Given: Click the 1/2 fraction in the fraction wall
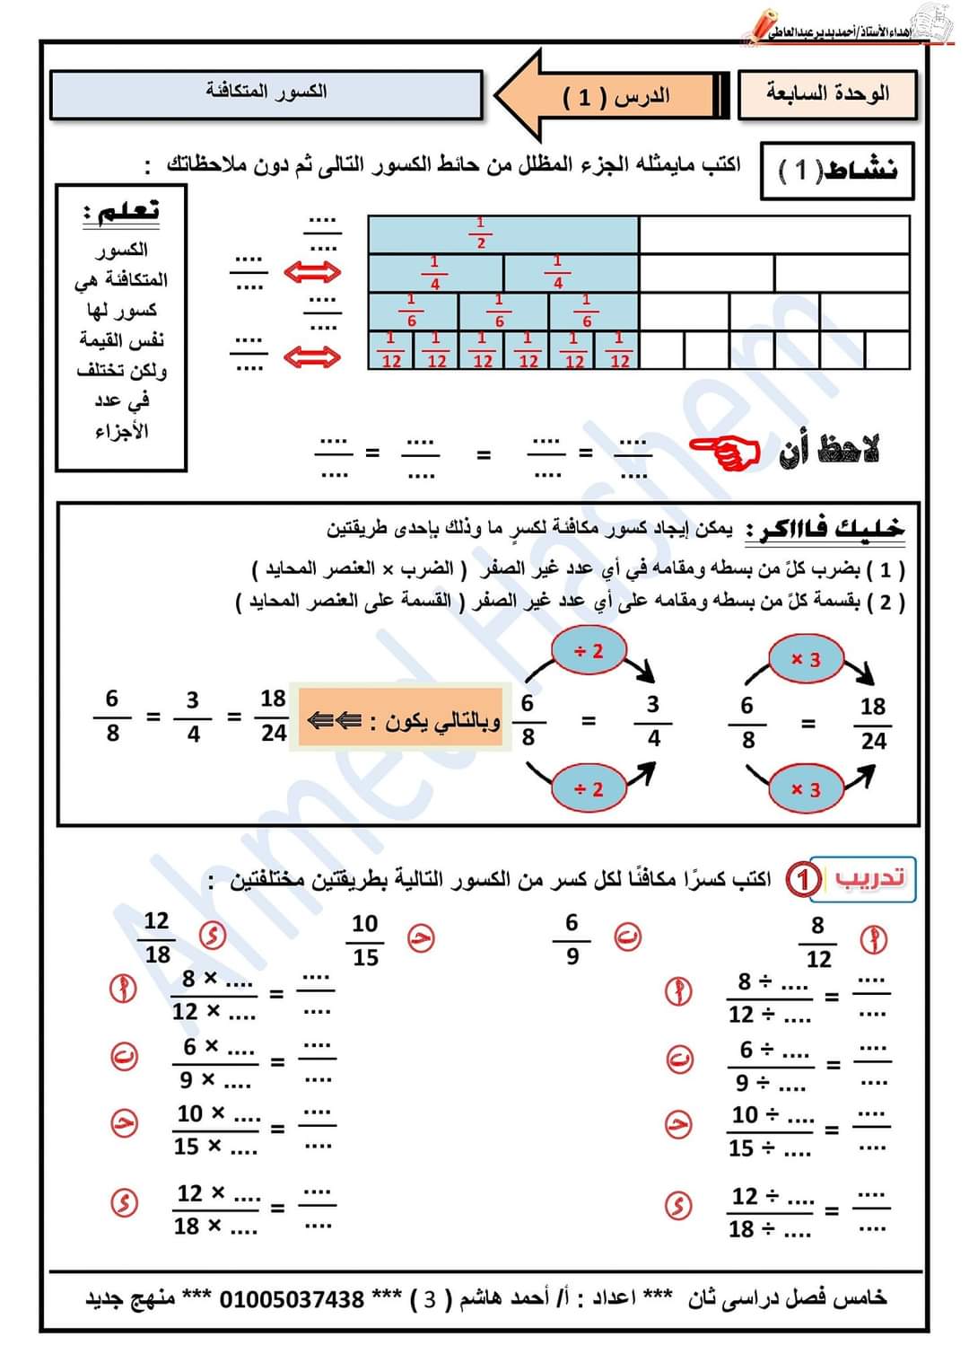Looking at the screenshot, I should pos(481,233).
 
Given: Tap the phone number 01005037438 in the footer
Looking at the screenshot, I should pos(292,1299).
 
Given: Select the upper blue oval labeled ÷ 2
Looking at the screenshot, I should pos(588,651).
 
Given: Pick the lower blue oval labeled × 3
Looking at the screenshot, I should pos(805,789).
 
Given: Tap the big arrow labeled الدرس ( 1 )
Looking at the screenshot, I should pos(610,96).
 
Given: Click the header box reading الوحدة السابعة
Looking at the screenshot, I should pos(827,94).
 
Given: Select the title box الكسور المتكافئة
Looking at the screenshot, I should pos(266,93).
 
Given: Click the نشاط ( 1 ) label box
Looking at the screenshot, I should pos(836,170).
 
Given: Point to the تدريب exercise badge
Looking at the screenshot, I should pos(868,877).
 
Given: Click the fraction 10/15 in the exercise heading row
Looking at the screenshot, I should pos(365,940).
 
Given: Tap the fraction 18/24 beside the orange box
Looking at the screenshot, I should pos(273,716).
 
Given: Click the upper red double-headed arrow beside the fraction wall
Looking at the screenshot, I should pos(312,271).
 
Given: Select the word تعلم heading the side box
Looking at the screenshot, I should pos(122,211).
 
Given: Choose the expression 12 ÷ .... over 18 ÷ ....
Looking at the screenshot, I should pos(771,1212).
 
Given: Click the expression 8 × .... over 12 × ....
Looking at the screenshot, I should pos(214,995).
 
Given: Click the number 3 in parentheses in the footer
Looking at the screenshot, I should pos(430,1299).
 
